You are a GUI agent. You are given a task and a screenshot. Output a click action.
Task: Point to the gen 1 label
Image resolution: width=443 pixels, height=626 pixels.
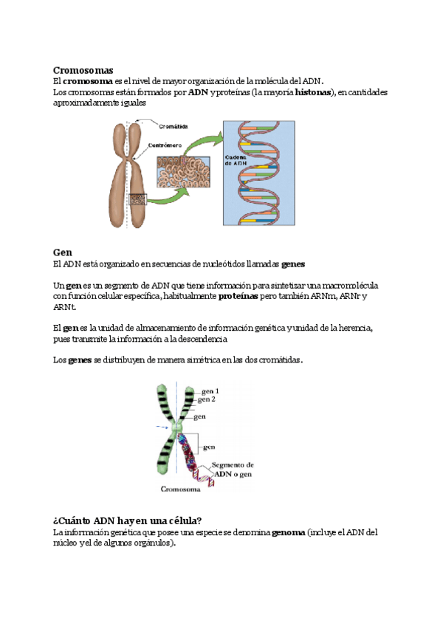point(210,391)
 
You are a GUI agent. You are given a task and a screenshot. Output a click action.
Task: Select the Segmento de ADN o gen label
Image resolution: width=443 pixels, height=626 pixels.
point(233,469)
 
